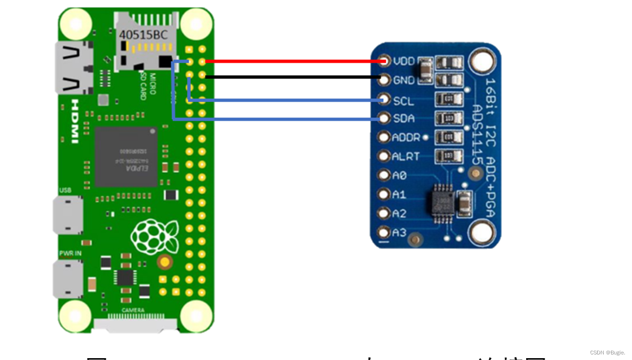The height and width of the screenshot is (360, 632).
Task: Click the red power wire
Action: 293,61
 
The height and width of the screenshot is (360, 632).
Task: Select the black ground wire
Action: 293,77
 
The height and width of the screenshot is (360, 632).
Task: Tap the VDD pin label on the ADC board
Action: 404,61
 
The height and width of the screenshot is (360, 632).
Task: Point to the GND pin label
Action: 404,80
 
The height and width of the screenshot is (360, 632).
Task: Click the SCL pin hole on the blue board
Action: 384,99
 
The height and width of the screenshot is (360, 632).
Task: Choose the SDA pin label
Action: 404,119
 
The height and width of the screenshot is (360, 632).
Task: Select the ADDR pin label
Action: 406,137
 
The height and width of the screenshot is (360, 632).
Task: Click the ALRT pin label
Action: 406,157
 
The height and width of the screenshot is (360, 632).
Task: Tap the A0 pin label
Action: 399,176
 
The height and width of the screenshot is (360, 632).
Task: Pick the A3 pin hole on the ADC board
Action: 384,232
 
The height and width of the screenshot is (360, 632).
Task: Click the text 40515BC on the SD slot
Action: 143,35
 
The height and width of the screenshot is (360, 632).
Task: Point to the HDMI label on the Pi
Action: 75,121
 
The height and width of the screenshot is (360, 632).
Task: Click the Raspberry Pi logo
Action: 155,236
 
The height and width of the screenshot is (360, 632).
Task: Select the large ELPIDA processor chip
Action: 126,157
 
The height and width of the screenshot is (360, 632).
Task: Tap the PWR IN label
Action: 70,254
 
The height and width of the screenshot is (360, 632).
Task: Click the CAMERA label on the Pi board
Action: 133,310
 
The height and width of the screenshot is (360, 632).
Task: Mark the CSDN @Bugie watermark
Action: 607,353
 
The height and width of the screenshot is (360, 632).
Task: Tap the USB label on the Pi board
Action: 65,190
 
